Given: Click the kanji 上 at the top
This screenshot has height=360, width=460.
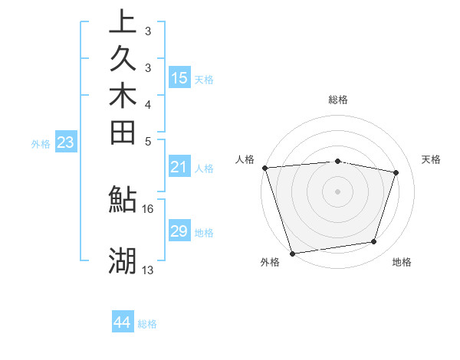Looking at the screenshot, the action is point(123,21).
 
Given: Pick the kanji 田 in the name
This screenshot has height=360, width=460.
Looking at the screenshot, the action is point(123,133).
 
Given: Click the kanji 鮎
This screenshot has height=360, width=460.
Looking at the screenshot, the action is point(123,199).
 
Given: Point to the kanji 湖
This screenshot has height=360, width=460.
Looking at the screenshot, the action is point(123,261).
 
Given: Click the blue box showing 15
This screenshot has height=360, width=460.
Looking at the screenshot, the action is point(179,77).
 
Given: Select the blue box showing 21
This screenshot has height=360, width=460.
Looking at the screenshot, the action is point(179,167).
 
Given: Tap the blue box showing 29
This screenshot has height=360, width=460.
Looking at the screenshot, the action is point(179,231).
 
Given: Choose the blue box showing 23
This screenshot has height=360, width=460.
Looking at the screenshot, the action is point(65,142).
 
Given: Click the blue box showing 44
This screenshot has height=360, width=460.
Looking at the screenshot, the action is point(122,322).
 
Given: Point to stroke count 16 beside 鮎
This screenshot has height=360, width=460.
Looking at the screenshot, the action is point(148,208).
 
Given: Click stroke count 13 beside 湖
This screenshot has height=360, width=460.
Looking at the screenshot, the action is point(148,270).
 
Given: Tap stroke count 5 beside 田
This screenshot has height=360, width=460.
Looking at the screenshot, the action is point(148,142).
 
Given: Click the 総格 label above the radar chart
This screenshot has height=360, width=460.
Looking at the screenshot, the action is point(338,100).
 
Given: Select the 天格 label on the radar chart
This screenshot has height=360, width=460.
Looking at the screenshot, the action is point(432,159).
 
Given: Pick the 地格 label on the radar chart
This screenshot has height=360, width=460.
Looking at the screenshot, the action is point(402,263).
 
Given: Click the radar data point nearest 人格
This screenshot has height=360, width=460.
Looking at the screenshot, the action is point(264,168).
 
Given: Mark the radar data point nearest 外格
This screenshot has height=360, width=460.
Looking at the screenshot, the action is point(292,253).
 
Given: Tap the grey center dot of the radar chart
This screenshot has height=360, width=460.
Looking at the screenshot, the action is point(337,191).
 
